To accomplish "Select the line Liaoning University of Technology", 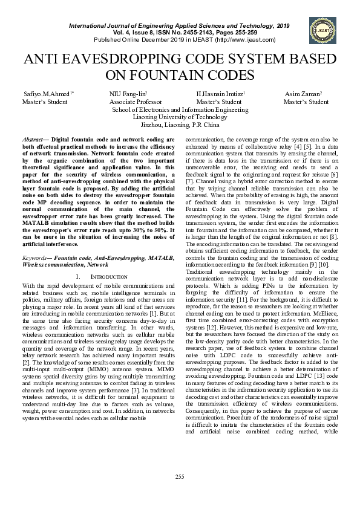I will (x=180, y=117).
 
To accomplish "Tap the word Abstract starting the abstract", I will (x=33, y=140).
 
